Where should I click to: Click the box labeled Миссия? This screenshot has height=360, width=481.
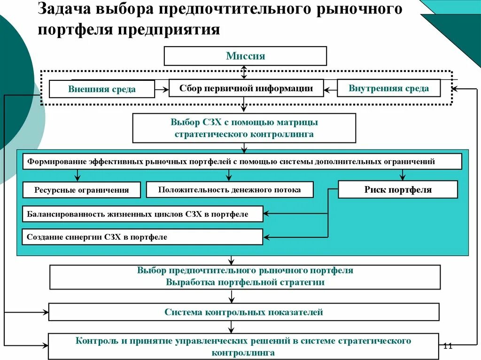click(x=245, y=56)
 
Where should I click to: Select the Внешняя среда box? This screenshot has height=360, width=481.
click(x=101, y=89)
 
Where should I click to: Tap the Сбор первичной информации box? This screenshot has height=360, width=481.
click(x=246, y=88)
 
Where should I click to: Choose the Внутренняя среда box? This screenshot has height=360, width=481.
click(x=388, y=88)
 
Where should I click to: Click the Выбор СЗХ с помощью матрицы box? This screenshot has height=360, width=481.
click(x=244, y=128)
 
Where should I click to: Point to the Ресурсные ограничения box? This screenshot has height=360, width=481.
click(x=81, y=190)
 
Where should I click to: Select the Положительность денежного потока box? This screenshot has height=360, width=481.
click(x=229, y=189)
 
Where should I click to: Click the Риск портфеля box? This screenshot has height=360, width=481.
click(x=397, y=189)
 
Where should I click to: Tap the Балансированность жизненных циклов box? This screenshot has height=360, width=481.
click(x=142, y=214)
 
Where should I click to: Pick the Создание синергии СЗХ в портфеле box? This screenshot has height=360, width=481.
click(x=142, y=237)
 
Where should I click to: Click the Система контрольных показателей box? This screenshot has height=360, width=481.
click(x=244, y=312)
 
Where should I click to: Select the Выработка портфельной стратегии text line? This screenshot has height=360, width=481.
click(x=245, y=282)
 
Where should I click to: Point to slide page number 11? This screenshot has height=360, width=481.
click(x=447, y=346)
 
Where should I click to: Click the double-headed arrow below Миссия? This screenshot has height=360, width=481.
click(x=243, y=72)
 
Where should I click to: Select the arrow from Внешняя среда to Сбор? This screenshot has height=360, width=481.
click(x=162, y=88)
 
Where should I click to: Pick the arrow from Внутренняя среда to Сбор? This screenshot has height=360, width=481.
click(x=331, y=88)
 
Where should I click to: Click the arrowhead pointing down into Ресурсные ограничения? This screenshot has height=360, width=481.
click(x=77, y=178)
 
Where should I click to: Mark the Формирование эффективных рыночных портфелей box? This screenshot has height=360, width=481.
click(x=242, y=161)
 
